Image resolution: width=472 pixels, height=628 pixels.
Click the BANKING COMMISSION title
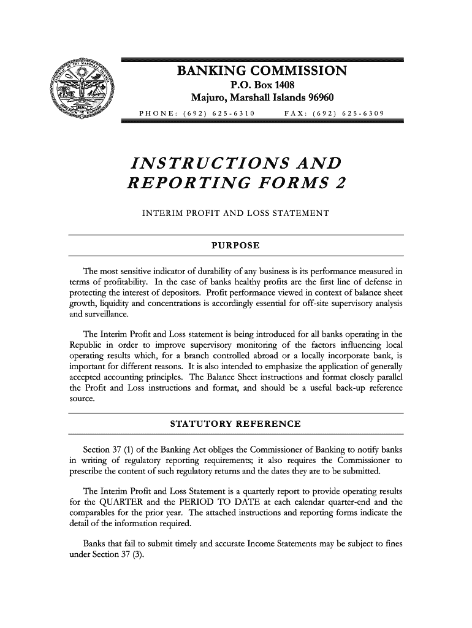(262, 72)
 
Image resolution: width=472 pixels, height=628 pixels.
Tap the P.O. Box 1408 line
(262, 85)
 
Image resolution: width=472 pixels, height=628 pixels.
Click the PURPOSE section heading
(235, 246)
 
